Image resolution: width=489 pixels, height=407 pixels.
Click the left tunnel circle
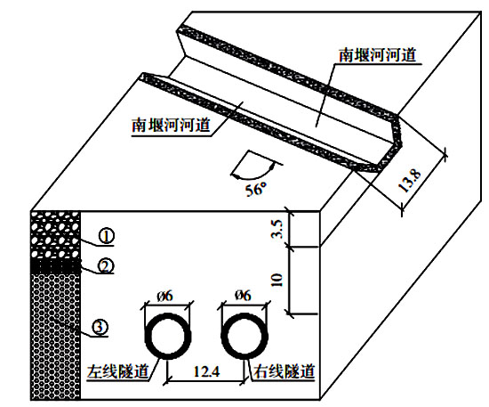click(147, 337)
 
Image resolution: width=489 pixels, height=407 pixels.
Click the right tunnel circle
click(222, 337)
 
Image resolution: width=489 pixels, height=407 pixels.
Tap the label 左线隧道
click(117, 371)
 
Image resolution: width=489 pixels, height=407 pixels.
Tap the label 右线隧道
click(285, 371)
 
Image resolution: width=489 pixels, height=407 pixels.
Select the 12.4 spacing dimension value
click(206, 371)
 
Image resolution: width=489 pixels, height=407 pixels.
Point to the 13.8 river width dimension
click(410, 181)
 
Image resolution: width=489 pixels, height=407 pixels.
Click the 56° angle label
click(256, 189)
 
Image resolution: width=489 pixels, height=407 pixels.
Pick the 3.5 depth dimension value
click(277, 229)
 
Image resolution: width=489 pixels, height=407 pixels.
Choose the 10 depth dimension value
click(277, 280)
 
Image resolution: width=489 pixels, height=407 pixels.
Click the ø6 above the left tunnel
click(164, 296)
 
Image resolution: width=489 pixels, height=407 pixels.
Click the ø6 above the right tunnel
click(243, 295)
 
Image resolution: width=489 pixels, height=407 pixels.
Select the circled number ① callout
click(107, 237)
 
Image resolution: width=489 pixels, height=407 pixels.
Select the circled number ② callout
click(106, 265)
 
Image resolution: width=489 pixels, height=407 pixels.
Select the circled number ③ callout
click(100, 328)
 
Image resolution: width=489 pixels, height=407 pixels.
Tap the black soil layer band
click(55, 266)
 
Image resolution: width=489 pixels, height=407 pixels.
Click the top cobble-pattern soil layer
click(55, 235)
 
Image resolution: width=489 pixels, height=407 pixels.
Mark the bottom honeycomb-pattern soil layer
click(55, 337)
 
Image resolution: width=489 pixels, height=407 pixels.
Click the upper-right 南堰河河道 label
click(378, 55)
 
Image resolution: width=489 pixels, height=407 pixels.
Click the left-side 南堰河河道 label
click(172, 126)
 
